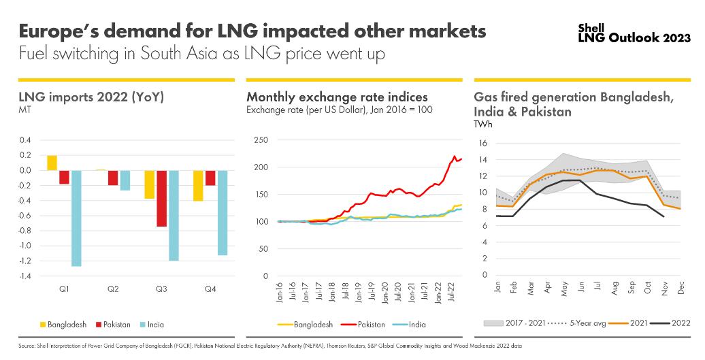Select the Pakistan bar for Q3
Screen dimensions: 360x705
[161, 198]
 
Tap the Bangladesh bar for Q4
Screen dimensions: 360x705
[197, 185]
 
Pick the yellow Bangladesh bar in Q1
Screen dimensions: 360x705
[52, 163]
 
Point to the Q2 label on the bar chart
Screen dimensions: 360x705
[113, 290]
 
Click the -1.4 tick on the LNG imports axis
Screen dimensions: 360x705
[24, 276]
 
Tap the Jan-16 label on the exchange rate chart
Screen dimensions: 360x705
[278, 291]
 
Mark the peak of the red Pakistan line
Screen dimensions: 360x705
[455, 157]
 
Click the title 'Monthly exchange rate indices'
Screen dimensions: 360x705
[337, 97]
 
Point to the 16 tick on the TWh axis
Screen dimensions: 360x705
[484, 143]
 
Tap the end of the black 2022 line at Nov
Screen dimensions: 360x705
[663, 216]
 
